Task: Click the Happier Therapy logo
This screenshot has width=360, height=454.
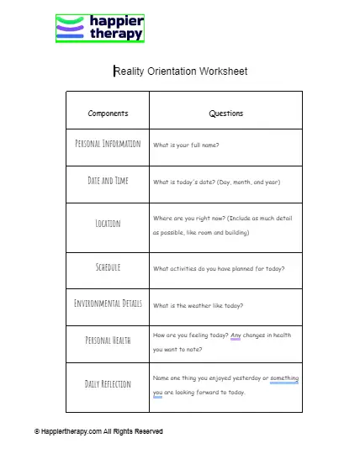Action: click(100, 28)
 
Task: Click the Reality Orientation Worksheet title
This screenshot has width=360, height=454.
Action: click(180, 71)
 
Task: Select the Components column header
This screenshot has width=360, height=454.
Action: click(108, 113)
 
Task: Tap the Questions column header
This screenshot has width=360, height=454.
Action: click(225, 113)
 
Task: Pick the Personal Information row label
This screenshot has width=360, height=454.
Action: click(108, 144)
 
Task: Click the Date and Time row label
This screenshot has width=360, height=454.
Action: click(108, 181)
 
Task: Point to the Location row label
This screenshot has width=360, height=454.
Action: click(108, 224)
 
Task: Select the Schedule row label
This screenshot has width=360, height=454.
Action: click(108, 267)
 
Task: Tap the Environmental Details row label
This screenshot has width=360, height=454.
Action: click(108, 304)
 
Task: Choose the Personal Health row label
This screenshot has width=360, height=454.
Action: click(108, 340)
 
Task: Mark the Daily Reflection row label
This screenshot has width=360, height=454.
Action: click(108, 384)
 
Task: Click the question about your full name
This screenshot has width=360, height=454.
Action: click(186, 145)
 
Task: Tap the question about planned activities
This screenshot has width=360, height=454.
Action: click(218, 269)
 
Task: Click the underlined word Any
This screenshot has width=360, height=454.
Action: click(236, 335)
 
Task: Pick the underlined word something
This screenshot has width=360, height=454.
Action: click(283, 378)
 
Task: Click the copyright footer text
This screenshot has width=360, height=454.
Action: click(98, 431)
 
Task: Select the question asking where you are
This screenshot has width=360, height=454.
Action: click(222, 224)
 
